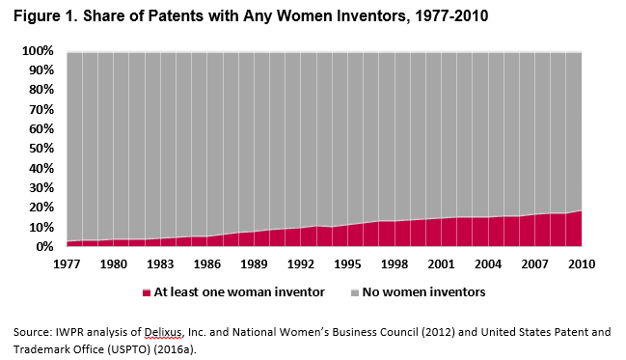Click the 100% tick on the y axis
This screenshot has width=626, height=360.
(37, 50)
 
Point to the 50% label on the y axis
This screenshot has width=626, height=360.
(40, 149)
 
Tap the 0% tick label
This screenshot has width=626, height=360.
(43, 247)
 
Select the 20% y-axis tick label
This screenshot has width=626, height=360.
(40, 208)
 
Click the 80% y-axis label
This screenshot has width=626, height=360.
(40, 90)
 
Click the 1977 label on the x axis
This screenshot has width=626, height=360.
(67, 263)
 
